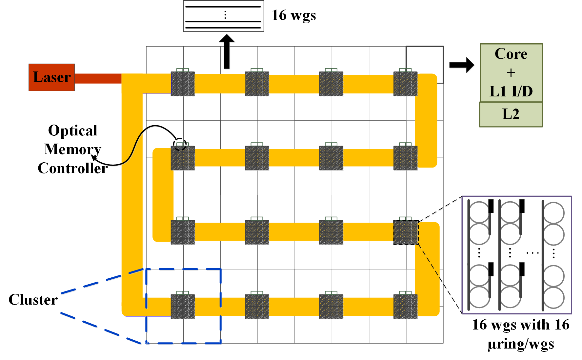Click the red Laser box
click(52, 77)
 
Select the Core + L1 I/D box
click(511, 72)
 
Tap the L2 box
click(511, 114)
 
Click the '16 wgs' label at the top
click(294, 15)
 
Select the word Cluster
click(33, 300)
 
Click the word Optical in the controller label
click(73, 130)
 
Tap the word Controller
click(73, 168)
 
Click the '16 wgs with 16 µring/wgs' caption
click(521, 334)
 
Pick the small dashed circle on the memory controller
click(180, 144)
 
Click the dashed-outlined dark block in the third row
click(406, 232)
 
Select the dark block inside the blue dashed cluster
click(183, 306)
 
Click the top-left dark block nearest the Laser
click(183, 84)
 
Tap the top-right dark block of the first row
click(406, 84)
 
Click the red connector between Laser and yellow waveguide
click(98, 79)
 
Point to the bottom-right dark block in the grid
click(406, 306)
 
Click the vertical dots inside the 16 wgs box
click(225, 15)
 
